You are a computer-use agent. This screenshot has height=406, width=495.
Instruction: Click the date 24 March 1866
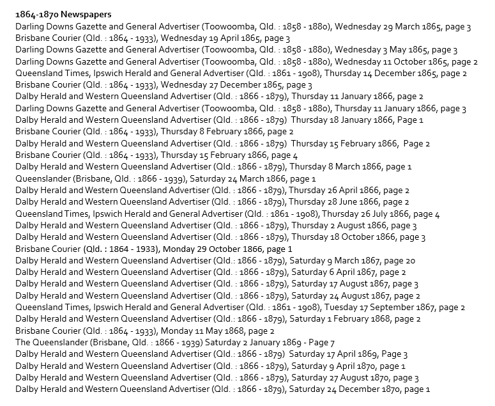tap(254, 178)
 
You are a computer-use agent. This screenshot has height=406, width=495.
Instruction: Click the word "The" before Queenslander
tap(23, 343)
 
